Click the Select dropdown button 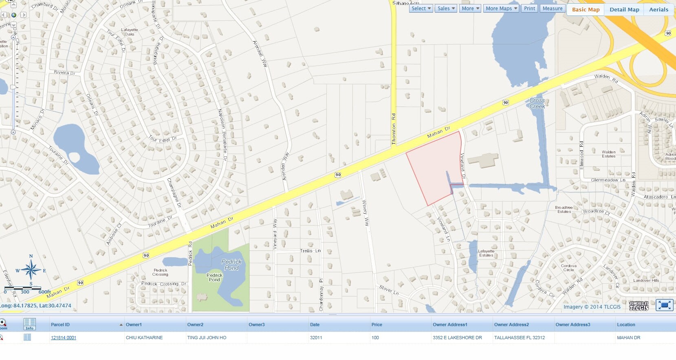tap(421, 9)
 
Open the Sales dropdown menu tap(446, 9)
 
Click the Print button tap(529, 9)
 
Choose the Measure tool tap(552, 9)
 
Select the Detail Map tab tap(624, 9)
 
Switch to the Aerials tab tap(658, 9)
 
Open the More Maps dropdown tap(501, 9)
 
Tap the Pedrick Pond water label tap(231, 265)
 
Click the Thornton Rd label tap(394, 129)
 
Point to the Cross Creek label tap(537, 103)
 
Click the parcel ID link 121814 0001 tap(64, 338)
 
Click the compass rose tap(31, 270)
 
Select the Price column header tap(377, 325)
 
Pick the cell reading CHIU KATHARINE tap(144, 338)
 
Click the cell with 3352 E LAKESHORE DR tap(457, 338)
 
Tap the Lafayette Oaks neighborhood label tap(130, 32)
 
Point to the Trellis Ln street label tap(310, 251)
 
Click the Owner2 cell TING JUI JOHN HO tap(207, 338)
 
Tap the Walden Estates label tap(608, 154)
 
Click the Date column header tap(315, 325)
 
